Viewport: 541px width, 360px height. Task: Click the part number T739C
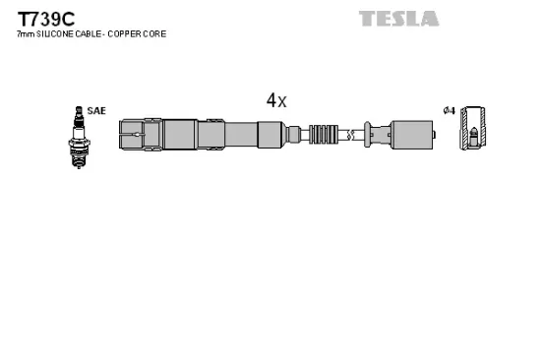(x=38, y=17)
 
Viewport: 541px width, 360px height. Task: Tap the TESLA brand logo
(x=398, y=18)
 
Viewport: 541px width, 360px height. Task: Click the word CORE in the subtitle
(x=153, y=34)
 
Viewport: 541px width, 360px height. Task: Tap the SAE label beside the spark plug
(x=96, y=111)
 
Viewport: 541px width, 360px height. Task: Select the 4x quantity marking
(x=275, y=100)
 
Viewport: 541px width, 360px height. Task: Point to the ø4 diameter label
(x=449, y=110)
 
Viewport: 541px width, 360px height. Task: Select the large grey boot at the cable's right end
(x=410, y=133)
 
